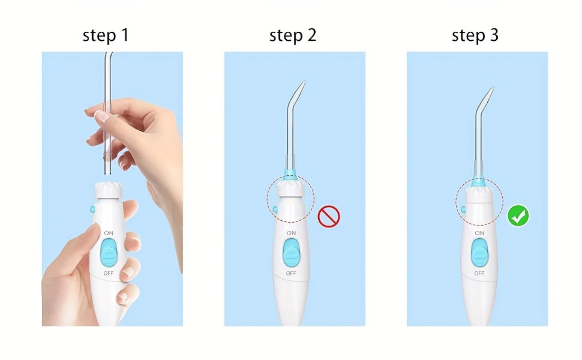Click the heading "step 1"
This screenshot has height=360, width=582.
[105, 35]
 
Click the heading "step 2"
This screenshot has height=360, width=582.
[293, 35]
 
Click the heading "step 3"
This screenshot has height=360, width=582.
[475, 35]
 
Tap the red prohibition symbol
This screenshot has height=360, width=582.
[329, 216]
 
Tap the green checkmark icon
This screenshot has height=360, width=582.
[518, 216]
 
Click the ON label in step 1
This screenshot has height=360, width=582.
[109, 233]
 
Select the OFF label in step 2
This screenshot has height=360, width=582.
[291, 273]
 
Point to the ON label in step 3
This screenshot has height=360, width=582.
[479, 233]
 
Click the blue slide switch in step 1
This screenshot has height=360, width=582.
[109, 253]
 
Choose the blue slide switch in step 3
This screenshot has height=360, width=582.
[480, 253]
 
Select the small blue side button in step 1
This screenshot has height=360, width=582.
[93, 209]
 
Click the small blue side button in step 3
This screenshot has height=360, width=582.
[463, 209]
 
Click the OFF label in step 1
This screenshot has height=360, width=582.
[109, 273]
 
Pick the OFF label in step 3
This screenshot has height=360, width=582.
[479, 273]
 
